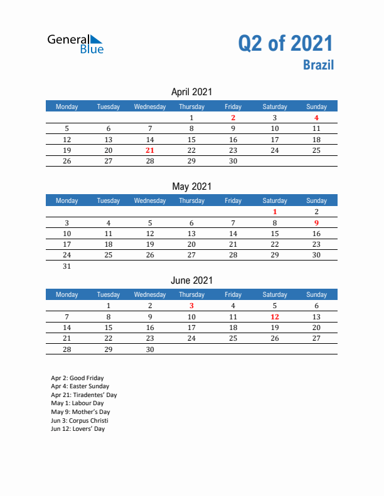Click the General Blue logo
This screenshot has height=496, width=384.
(x=75, y=43)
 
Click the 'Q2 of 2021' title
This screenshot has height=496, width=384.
(x=285, y=43)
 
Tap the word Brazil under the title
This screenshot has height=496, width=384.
(x=319, y=65)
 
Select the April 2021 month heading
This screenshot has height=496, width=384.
(x=191, y=92)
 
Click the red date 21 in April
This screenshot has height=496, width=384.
(x=149, y=150)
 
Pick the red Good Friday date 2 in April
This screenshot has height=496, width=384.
(x=233, y=118)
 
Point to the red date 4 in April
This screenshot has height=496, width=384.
(x=316, y=118)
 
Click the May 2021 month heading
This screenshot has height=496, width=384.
(x=191, y=186)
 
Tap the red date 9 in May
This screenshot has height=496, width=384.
(x=316, y=222)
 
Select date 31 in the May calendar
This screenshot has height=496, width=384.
(x=67, y=266)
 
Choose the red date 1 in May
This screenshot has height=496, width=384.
(x=275, y=212)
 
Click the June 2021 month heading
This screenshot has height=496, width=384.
(x=191, y=280)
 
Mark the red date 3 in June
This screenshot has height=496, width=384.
(x=191, y=306)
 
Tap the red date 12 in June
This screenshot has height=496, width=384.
(x=275, y=317)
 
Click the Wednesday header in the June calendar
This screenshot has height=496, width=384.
(x=150, y=294)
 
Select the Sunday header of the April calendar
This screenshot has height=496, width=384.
(x=316, y=106)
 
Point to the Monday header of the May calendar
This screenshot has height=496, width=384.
(x=67, y=200)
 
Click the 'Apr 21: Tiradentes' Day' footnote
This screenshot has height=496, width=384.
(x=84, y=395)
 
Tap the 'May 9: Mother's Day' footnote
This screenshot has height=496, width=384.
(x=80, y=412)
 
